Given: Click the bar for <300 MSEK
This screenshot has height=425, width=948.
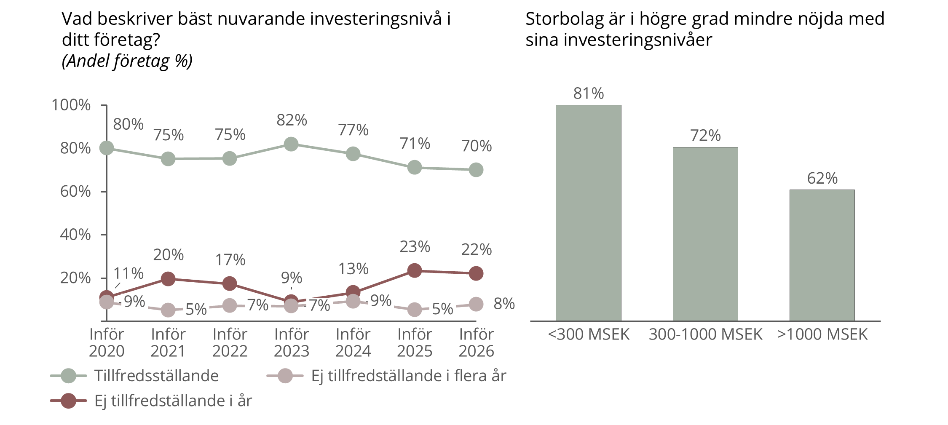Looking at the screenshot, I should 588,213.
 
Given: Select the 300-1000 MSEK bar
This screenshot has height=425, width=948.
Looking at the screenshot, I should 705,234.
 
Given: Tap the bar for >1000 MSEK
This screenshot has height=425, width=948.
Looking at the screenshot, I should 822,255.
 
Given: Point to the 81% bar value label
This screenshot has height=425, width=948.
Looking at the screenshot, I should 588,94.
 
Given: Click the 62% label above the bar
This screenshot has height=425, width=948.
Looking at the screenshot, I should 822,179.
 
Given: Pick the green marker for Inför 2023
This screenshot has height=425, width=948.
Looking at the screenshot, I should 291,144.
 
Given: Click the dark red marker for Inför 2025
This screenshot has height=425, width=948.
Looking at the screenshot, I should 415,271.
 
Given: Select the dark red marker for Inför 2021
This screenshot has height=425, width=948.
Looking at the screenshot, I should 168,279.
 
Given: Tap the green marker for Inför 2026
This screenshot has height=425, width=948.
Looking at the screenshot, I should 476,170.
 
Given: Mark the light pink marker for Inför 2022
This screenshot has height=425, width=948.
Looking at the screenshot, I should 230,306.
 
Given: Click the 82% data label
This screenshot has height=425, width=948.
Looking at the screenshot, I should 292,120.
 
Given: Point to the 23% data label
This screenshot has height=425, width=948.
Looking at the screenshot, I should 415,247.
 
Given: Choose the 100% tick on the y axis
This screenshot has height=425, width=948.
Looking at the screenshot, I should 71,105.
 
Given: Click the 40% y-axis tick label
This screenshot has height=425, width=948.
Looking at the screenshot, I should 75,235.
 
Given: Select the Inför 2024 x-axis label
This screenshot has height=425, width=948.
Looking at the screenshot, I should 353,342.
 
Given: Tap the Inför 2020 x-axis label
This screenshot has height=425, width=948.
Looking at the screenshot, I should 107,342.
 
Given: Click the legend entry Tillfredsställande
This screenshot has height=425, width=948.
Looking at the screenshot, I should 156,376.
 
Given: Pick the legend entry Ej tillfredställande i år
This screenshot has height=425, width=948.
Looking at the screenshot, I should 173,401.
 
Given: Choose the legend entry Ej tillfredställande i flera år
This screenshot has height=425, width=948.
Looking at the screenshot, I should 408,376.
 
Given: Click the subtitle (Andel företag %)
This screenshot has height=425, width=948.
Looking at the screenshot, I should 127,61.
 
